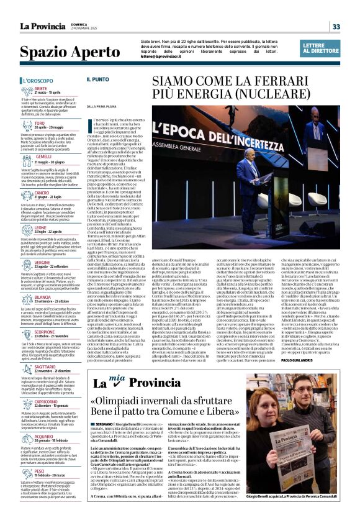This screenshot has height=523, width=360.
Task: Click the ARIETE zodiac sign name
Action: click(x=41, y=89)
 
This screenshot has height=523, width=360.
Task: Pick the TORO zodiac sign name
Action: click(x=40, y=124)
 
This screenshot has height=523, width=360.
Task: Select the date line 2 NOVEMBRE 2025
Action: click(x=72, y=30)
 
